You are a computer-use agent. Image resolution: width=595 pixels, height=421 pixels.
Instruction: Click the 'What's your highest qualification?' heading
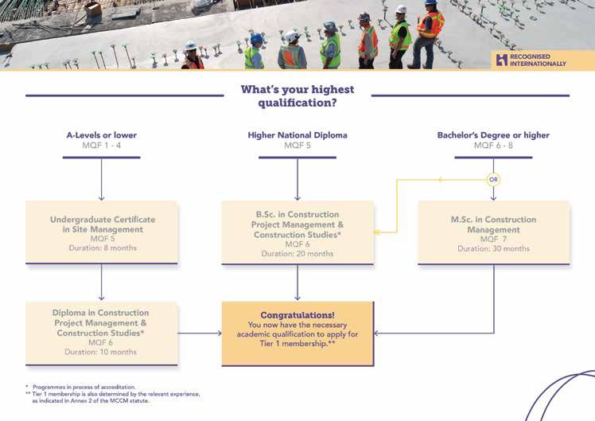(297, 96)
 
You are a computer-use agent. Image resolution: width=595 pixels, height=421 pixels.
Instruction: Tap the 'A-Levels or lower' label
(101, 135)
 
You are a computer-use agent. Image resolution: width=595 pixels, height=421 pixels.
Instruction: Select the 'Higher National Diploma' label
(297, 135)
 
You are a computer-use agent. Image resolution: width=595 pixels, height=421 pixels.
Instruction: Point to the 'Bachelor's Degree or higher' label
(493, 135)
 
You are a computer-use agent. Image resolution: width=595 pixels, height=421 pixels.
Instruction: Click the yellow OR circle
(494, 179)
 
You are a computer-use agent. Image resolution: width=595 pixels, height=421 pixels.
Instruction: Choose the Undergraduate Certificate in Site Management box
(102, 232)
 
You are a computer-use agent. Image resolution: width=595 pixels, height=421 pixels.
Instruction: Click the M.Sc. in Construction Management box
(493, 232)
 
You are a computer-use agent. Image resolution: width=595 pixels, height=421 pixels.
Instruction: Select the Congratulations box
(297, 333)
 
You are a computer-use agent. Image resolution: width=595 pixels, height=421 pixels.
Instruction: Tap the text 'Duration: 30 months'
(493, 249)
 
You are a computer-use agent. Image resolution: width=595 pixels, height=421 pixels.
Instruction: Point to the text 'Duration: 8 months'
(102, 248)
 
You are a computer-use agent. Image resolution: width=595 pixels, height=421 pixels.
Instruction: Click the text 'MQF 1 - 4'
(101, 146)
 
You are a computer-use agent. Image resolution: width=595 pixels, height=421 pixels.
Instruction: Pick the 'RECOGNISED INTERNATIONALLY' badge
(531, 60)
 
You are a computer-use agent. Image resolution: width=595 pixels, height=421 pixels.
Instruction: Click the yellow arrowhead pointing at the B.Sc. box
(378, 232)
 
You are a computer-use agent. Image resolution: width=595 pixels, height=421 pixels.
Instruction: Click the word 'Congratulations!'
(297, 315)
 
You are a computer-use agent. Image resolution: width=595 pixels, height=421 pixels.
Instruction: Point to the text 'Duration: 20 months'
(297, 254)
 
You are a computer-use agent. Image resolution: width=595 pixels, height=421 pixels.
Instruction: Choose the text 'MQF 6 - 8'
(493, 146)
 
